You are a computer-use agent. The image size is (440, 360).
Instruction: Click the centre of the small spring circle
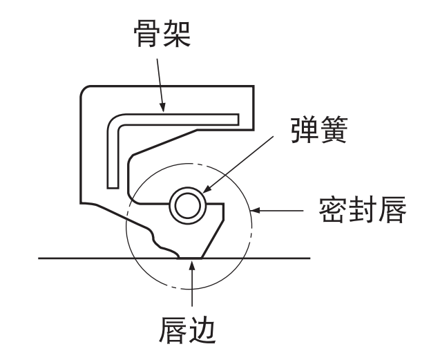[186, 204]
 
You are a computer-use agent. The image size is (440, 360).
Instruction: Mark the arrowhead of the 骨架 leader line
[163, 111]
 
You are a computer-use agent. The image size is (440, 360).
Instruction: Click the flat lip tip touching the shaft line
[190, 258]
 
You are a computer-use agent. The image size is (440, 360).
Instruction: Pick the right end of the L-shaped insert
[238, 120]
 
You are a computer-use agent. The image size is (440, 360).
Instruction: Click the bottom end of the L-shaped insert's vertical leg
[113, 185]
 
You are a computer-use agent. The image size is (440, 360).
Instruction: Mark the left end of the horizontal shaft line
[39, 258]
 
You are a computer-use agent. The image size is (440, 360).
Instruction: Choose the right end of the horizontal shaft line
[310, 258]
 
